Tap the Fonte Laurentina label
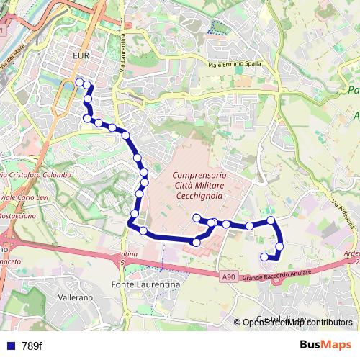coord(145,285)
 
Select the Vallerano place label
coord(76,297)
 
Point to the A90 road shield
coord(228,276)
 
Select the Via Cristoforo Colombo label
coord(37,176)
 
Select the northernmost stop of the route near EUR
coord(80,83)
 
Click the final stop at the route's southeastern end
coord(264,256)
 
